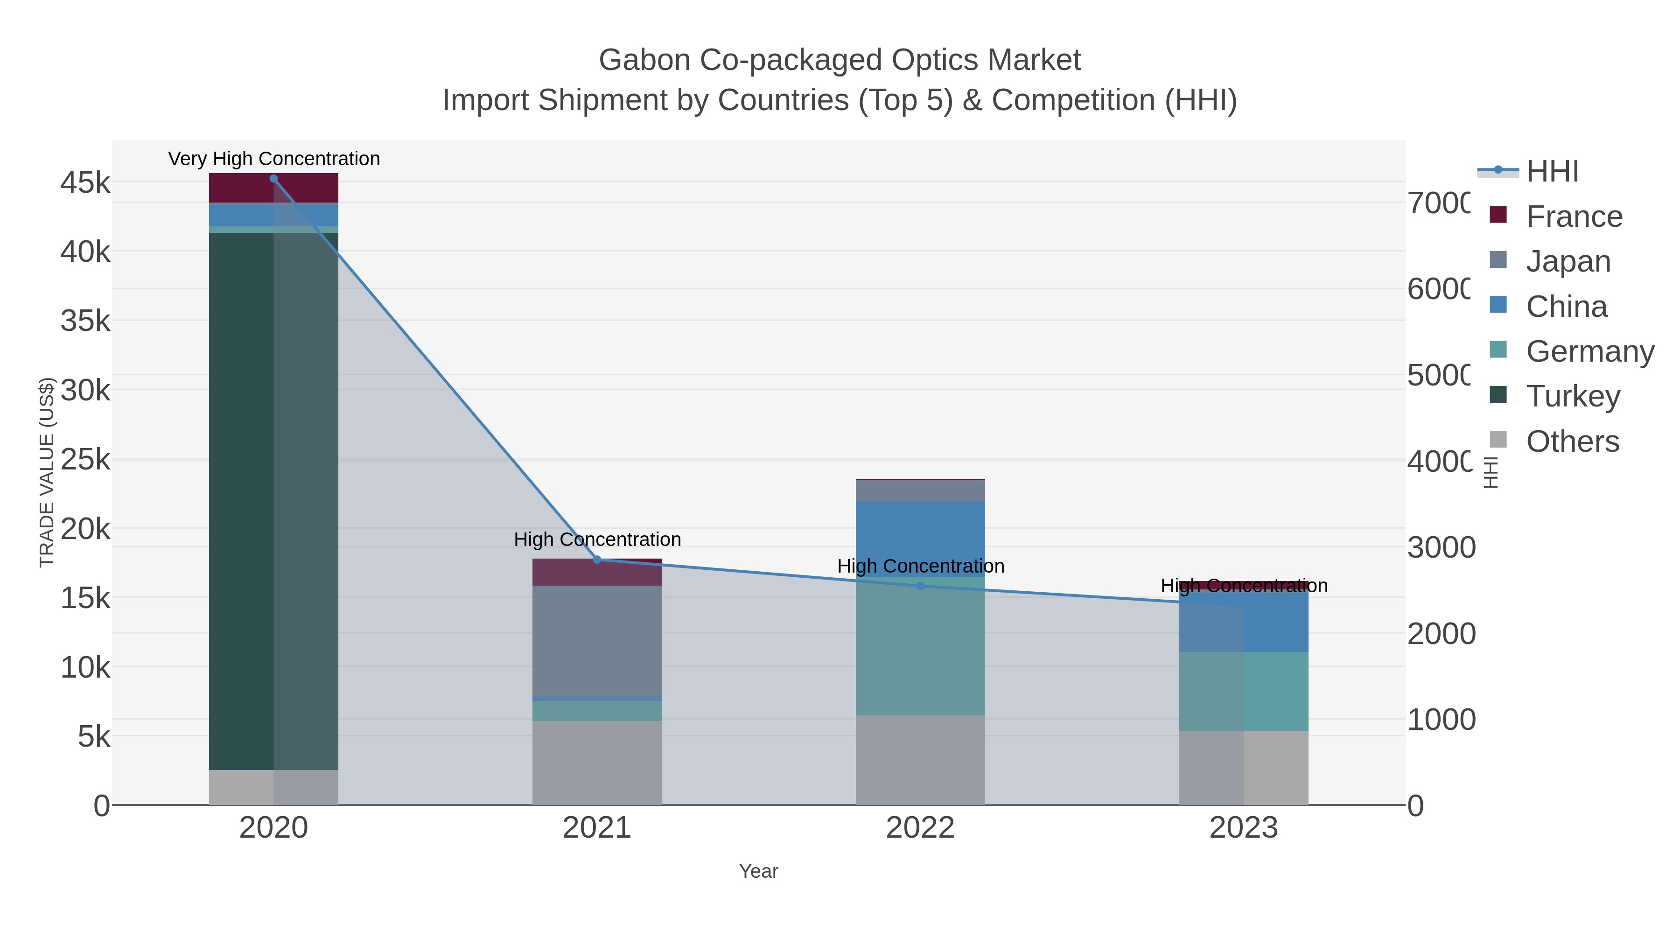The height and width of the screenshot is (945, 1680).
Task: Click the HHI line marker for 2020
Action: coord(273,179)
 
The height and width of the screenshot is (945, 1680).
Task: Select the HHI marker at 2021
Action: coord(597,560)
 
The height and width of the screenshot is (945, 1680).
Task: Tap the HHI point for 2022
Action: coord(920,586)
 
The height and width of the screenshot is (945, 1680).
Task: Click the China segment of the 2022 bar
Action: coord(920,538)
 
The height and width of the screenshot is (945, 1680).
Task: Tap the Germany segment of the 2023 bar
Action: coord(1276,691)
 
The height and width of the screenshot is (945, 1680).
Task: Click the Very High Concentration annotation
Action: coord(274,159)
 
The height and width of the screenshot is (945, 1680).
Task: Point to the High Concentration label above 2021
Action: coord(597,539)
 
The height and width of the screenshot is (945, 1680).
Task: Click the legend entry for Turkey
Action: coord(1573,396)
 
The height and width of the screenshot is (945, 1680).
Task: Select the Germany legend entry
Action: coord(1589,351)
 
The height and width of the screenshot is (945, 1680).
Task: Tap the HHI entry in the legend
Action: coord(1552,171)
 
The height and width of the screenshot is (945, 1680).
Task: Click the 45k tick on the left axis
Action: coord(85,182)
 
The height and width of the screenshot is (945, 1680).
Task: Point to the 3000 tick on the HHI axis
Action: coord(1440,547)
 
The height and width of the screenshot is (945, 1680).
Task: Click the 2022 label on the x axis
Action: coord(920,827)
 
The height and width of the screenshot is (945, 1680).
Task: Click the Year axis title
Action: coord(758,871)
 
